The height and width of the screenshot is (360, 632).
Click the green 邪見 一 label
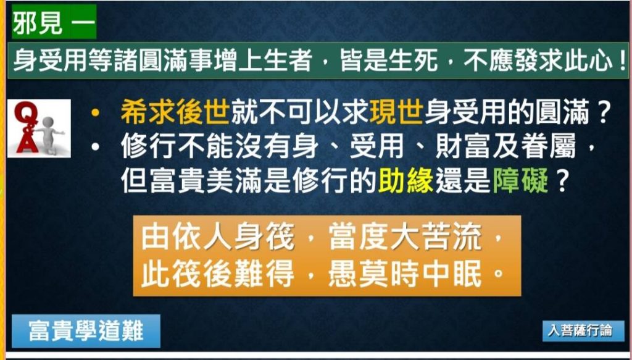click(x=54, y=22)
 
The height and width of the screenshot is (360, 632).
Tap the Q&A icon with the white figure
click(x=39, y=128)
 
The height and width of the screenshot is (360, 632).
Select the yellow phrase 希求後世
click(x=175, y=111)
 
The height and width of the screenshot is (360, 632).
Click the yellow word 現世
click(x=396, y=111)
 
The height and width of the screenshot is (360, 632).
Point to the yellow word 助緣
click(x=405, y=181)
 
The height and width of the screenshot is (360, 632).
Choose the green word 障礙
click(x=520, y=181)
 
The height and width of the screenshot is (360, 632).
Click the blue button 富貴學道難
click(x=86, y=331)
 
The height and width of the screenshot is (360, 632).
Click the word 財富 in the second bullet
click(x=462, y=146)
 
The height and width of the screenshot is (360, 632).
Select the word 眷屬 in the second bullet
click(x=548, y=146)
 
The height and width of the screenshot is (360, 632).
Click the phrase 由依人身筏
click(x=218, y=237)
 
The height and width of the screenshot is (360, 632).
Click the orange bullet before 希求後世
click(x=95, y=113)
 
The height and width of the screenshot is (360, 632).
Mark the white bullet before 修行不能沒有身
click(x=95, y=147)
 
